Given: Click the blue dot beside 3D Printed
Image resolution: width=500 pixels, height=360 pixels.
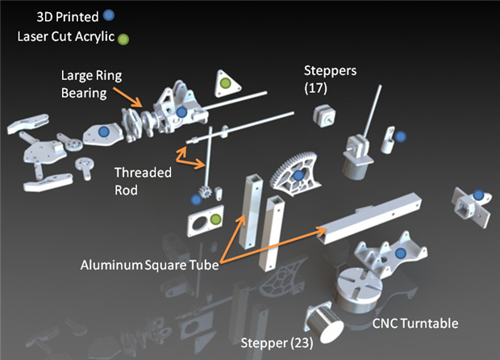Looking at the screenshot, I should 120,15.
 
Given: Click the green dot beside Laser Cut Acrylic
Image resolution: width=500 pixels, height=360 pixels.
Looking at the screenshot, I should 123,37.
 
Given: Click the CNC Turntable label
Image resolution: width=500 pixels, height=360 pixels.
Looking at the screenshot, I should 415,323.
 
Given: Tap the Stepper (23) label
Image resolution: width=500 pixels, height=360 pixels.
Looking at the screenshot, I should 275,343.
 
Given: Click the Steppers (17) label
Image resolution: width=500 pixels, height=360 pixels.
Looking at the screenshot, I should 330,79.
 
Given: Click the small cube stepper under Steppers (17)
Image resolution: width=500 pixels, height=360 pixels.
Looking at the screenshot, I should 327,115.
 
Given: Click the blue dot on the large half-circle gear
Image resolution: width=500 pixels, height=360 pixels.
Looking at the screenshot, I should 298,175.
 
